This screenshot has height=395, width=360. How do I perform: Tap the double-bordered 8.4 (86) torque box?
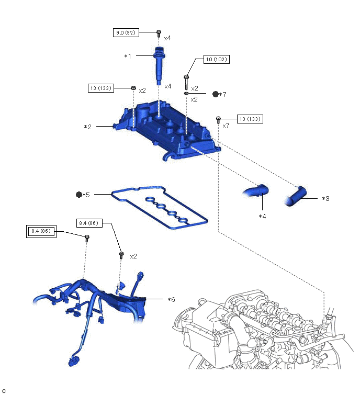[x=41, y=230]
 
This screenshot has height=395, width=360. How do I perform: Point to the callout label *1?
[x=128, y=56]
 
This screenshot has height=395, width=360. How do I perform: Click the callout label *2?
[x=88, y=127]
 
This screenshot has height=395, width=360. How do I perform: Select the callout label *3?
[x=325, y=198]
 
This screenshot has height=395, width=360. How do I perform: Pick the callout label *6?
[x=171, y=299]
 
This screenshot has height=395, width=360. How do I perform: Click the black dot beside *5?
[x=79, y=195]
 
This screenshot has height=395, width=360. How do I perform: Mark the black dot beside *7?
[x=215, y=94]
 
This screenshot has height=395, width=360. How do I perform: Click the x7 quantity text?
[x=226, y=126]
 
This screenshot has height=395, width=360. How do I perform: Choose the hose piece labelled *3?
[x=297, y=196]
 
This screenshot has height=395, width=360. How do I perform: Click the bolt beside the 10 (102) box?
[x=186, y=82]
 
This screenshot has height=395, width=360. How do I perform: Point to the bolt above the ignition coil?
[x=159, y=34]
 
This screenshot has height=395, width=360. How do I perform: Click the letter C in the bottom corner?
[x=4, y=390]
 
